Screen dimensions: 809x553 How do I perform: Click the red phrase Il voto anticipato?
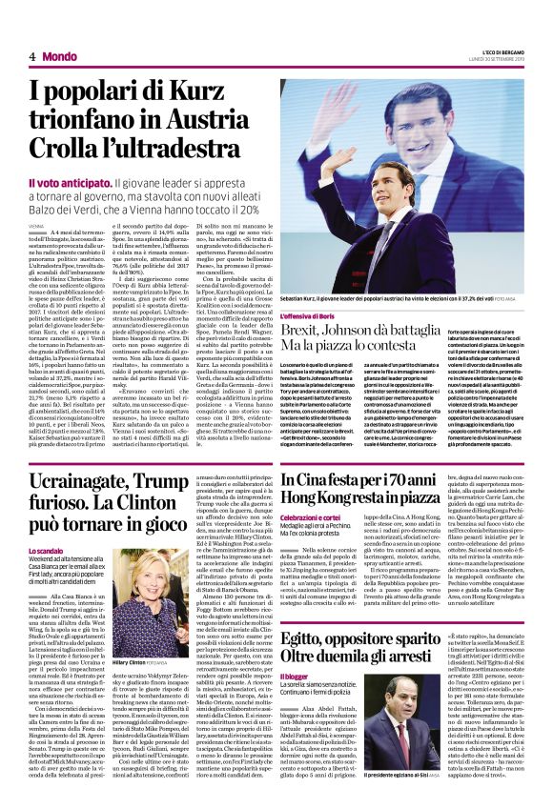click(x=70, y=182)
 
